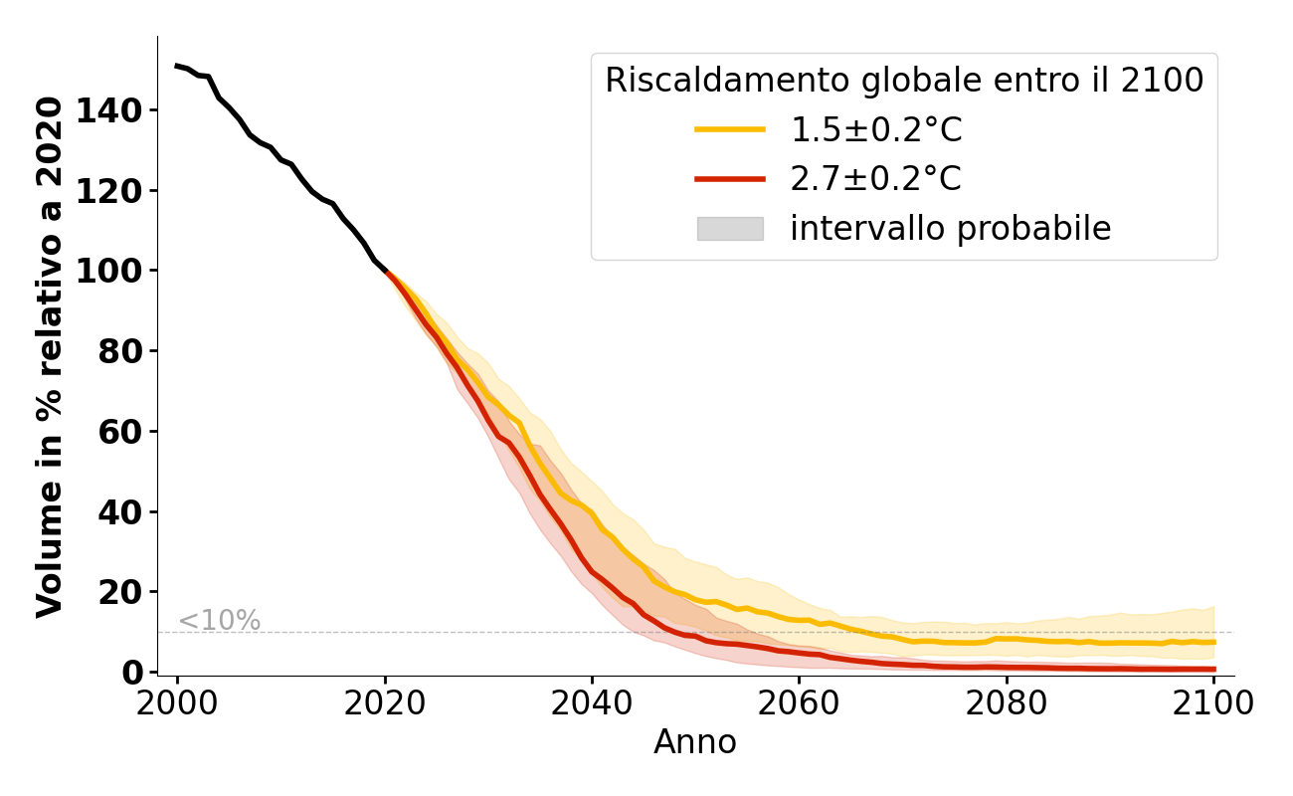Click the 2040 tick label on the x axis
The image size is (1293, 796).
coord(592,703)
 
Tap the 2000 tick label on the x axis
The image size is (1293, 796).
coord(177,703)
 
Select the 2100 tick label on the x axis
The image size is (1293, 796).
coord(1213,703)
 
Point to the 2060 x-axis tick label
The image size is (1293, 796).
coord(799,703)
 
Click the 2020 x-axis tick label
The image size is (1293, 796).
coord(385,703)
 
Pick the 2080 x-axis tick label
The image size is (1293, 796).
coord(1007,703)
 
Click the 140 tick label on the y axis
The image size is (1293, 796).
coord(112,110)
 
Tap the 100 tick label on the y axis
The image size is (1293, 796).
coord(112,271)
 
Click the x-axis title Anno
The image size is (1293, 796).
coord(695,743)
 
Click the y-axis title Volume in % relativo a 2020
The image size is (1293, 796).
coord(50,356)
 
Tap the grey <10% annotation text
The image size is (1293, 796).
coord(219,621)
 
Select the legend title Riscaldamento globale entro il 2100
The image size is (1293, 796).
coord(904,81)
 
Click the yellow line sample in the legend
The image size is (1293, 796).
coord(729,129)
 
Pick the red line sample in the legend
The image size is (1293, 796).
coord(729,179)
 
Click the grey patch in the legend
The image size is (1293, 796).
coord(729,229)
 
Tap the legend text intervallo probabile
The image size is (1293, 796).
coord(950,229)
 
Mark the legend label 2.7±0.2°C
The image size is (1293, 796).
coord(876,179)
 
